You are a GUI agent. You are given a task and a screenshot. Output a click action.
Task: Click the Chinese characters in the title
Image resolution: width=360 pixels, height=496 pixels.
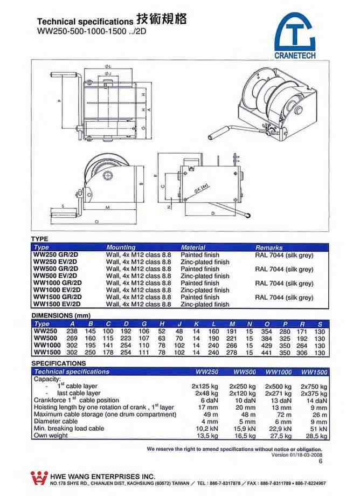point(162,19)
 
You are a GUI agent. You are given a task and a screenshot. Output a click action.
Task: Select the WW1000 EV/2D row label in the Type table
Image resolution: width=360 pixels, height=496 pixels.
point(58,290)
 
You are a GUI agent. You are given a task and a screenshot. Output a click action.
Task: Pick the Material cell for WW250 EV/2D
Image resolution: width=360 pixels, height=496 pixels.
point(205,262)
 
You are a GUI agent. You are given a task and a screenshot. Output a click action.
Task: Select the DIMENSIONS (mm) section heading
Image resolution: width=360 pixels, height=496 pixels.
point(60,315)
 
